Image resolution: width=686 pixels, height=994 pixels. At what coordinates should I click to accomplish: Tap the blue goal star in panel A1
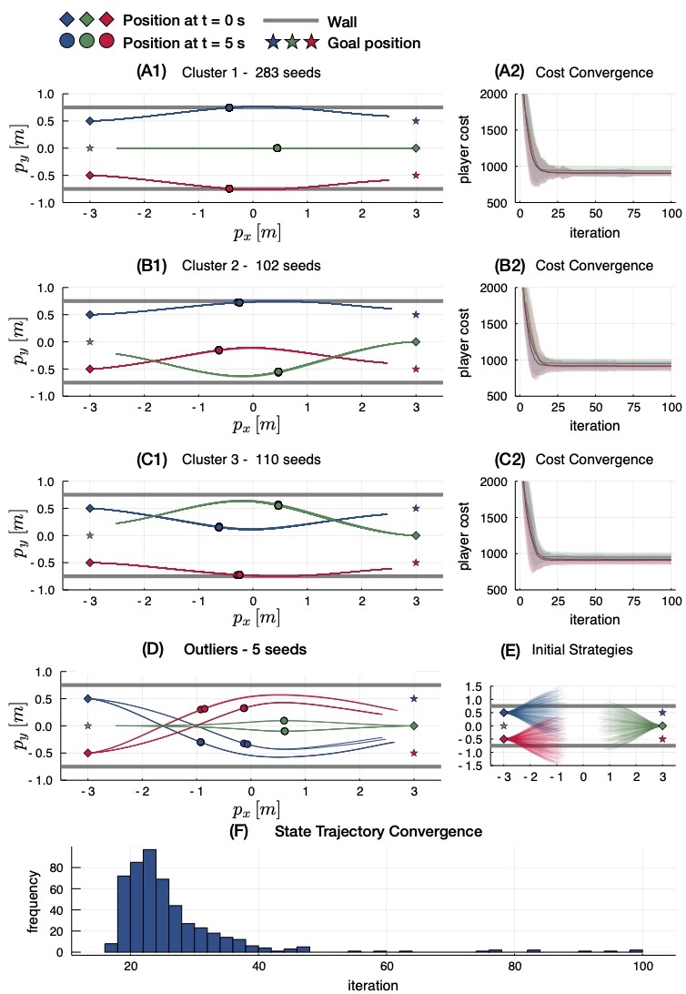416,120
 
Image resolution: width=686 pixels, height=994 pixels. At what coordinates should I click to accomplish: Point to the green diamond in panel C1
416,535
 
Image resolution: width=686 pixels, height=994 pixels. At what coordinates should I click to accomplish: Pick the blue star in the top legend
273,42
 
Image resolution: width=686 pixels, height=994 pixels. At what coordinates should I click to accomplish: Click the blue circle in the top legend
66,42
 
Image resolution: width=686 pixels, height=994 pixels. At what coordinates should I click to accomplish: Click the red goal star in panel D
416,753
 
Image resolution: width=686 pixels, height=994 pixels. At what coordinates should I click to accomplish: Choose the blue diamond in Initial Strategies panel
503,713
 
